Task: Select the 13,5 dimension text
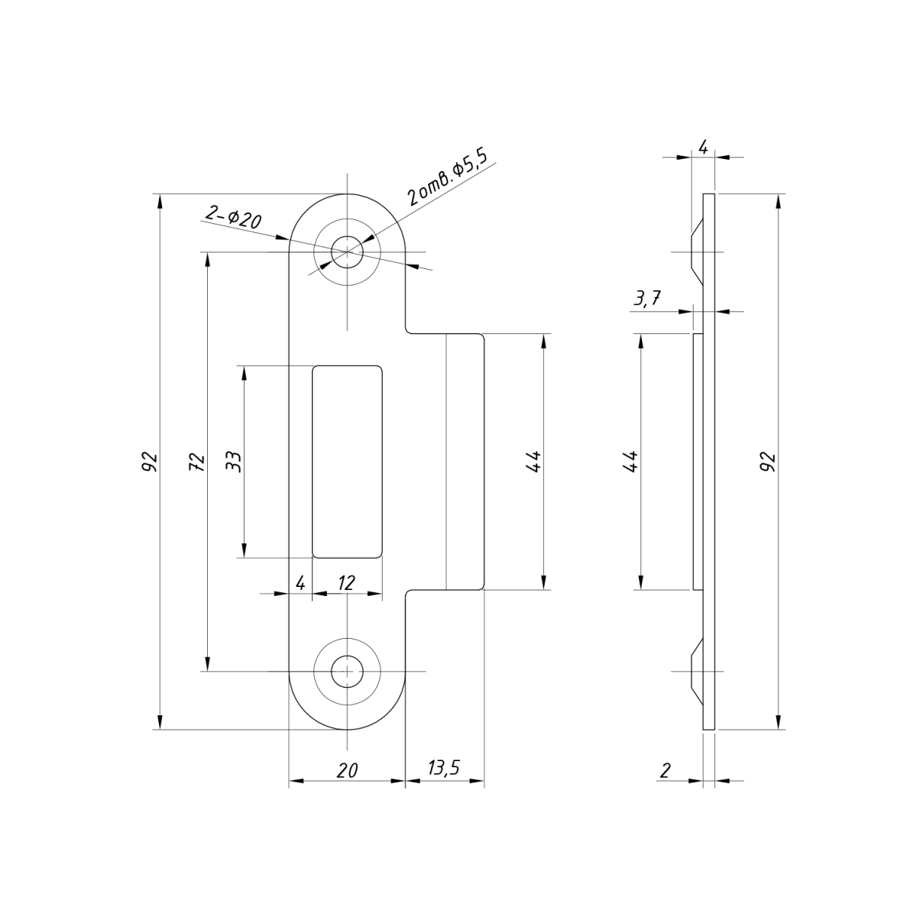(x=443, y=767)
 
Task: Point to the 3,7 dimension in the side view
(x=646, y=298)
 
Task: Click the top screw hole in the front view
(x=347, y=251)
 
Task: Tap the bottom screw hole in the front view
(x=347, y=672)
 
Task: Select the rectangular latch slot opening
(x=347, y=462)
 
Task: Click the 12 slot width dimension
(x=346, y=582)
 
